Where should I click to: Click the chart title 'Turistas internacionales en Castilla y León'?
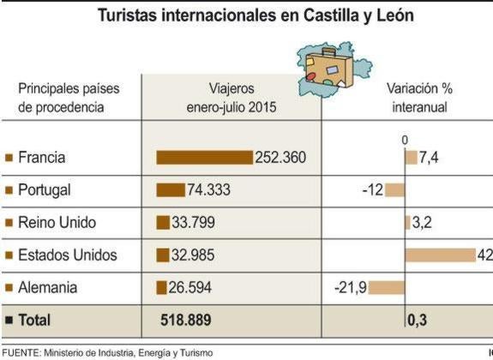(x=246, y=16)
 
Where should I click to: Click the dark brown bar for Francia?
(x=204, y=158)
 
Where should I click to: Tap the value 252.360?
(x=280, y=158)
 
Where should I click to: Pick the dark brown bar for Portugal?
(x=170, y=190)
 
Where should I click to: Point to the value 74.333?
(x=208, y=190)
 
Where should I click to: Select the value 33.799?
(x=193, y=223)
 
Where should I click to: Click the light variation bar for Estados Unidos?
(x=440, y=255)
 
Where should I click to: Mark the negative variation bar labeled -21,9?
(x=387, y=288)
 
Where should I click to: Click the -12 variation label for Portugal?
(x=372, y=190)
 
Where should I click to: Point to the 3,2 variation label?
(x=423, y=223)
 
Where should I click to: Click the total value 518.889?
(x=186, y=321)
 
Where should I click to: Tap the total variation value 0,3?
(x=418, y=321)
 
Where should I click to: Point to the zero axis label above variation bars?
(x=405, y=140)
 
